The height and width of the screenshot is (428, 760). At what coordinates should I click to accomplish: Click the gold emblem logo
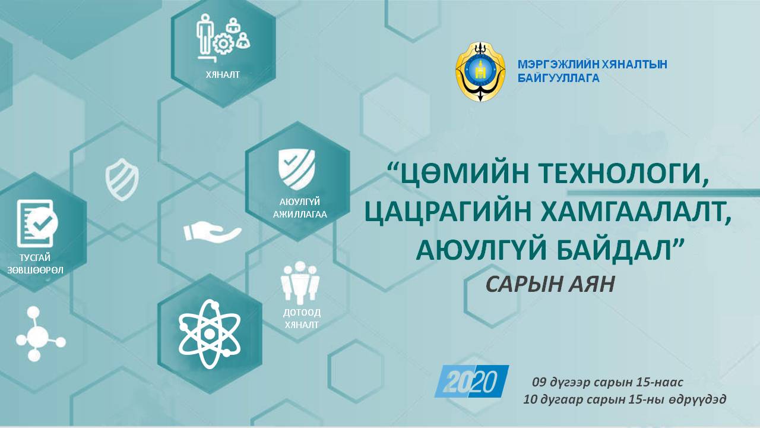pyautogui.click(x=480, y=72)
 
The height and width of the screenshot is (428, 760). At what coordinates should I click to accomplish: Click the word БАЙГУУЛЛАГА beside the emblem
pyautogui.click(x=559, y=78)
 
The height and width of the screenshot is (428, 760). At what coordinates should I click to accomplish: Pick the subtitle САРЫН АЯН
pyautogui.click(x=550, y=284)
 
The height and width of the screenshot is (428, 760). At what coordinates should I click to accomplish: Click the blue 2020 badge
pyautogui.click(x=471, y=381)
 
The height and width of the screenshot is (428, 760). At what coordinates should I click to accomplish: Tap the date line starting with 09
pyautogui.click(x=607, y=382)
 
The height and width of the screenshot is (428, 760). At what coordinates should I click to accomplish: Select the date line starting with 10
pyautogui.click(x=624, y=399)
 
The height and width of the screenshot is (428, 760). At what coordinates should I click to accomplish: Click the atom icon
pyautogui.click(x=210, y=334)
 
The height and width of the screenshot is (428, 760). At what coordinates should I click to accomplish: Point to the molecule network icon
pyautogui.click(x=40, y=333)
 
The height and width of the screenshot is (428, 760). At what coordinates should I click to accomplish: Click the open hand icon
pyautogui.click(x=213, y=232)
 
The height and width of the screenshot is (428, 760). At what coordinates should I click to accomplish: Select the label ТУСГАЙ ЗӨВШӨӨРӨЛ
pyautogui.click(x=35, y=264)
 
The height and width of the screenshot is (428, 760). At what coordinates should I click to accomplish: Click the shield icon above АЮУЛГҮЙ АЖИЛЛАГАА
pyautogui.click(x=297, y=169)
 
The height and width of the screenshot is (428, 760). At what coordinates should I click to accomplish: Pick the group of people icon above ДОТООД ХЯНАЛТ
pyautogui.click(x=300, y=282)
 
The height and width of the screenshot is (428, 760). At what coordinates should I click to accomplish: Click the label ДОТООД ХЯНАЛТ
pyautogui.click(x=302, y=318)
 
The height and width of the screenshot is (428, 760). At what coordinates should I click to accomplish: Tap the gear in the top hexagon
pyautogui.click(x=223, y=43)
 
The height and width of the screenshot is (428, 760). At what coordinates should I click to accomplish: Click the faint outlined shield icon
pyautogui.click(x=122, y=180)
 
